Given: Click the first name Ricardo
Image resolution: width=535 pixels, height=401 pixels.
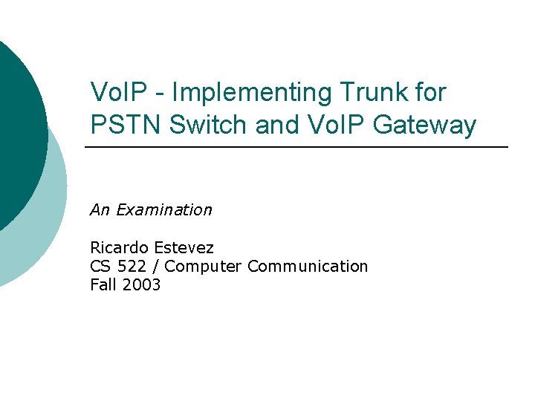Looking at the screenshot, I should (x=119, y=247).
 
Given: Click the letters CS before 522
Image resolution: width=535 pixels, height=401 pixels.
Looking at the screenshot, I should (x=100, y=266).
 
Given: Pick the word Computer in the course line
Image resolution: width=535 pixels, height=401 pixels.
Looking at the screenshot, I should (x=204, y=266).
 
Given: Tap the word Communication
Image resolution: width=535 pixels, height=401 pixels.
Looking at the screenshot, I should (x=308, y=266).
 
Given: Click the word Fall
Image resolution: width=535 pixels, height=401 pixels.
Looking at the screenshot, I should (x=102, y=284).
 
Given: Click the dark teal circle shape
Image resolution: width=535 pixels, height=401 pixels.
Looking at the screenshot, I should (x=15, y=126).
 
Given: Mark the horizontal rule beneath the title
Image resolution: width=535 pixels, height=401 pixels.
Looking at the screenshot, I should (x=297, y=148).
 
